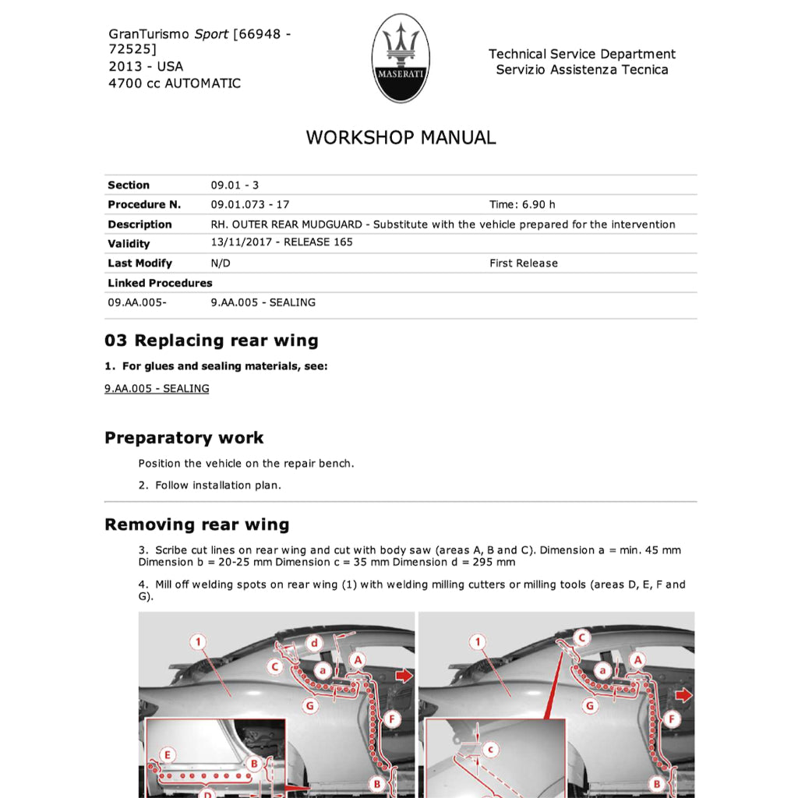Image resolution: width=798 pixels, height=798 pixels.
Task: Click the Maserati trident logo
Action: [x=401, y=58]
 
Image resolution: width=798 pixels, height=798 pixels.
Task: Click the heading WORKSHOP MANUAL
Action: [x=401, y=138]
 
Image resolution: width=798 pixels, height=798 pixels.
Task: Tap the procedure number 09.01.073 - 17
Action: [x=250, y=205]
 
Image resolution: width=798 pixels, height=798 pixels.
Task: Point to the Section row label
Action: [x=129, y=185]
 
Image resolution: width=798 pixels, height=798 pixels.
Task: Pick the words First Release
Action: [x=524, y=263]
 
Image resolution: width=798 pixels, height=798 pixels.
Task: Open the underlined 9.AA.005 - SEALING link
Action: [x=157, y=389]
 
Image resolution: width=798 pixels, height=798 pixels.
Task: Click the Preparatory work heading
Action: [x=184, y=438]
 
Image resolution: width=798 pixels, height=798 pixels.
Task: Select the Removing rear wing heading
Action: [x=196, y=524]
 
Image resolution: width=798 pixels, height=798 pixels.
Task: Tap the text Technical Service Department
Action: [x=582, y=54]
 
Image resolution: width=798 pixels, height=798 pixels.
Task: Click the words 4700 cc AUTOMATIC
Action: [x=175, y=83]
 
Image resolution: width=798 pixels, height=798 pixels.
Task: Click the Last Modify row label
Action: [x=139, y=263]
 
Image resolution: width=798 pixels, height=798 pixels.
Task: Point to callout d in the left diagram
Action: [x=314, y=644]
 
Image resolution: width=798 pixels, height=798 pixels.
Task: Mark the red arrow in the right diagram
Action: [x=683, y=694]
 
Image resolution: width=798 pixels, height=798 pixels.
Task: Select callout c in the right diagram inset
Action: [x=489, y=750]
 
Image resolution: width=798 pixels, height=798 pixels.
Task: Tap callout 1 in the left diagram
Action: [x=199, y=642]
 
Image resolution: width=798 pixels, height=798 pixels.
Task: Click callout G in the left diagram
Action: [x=310, y=706]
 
